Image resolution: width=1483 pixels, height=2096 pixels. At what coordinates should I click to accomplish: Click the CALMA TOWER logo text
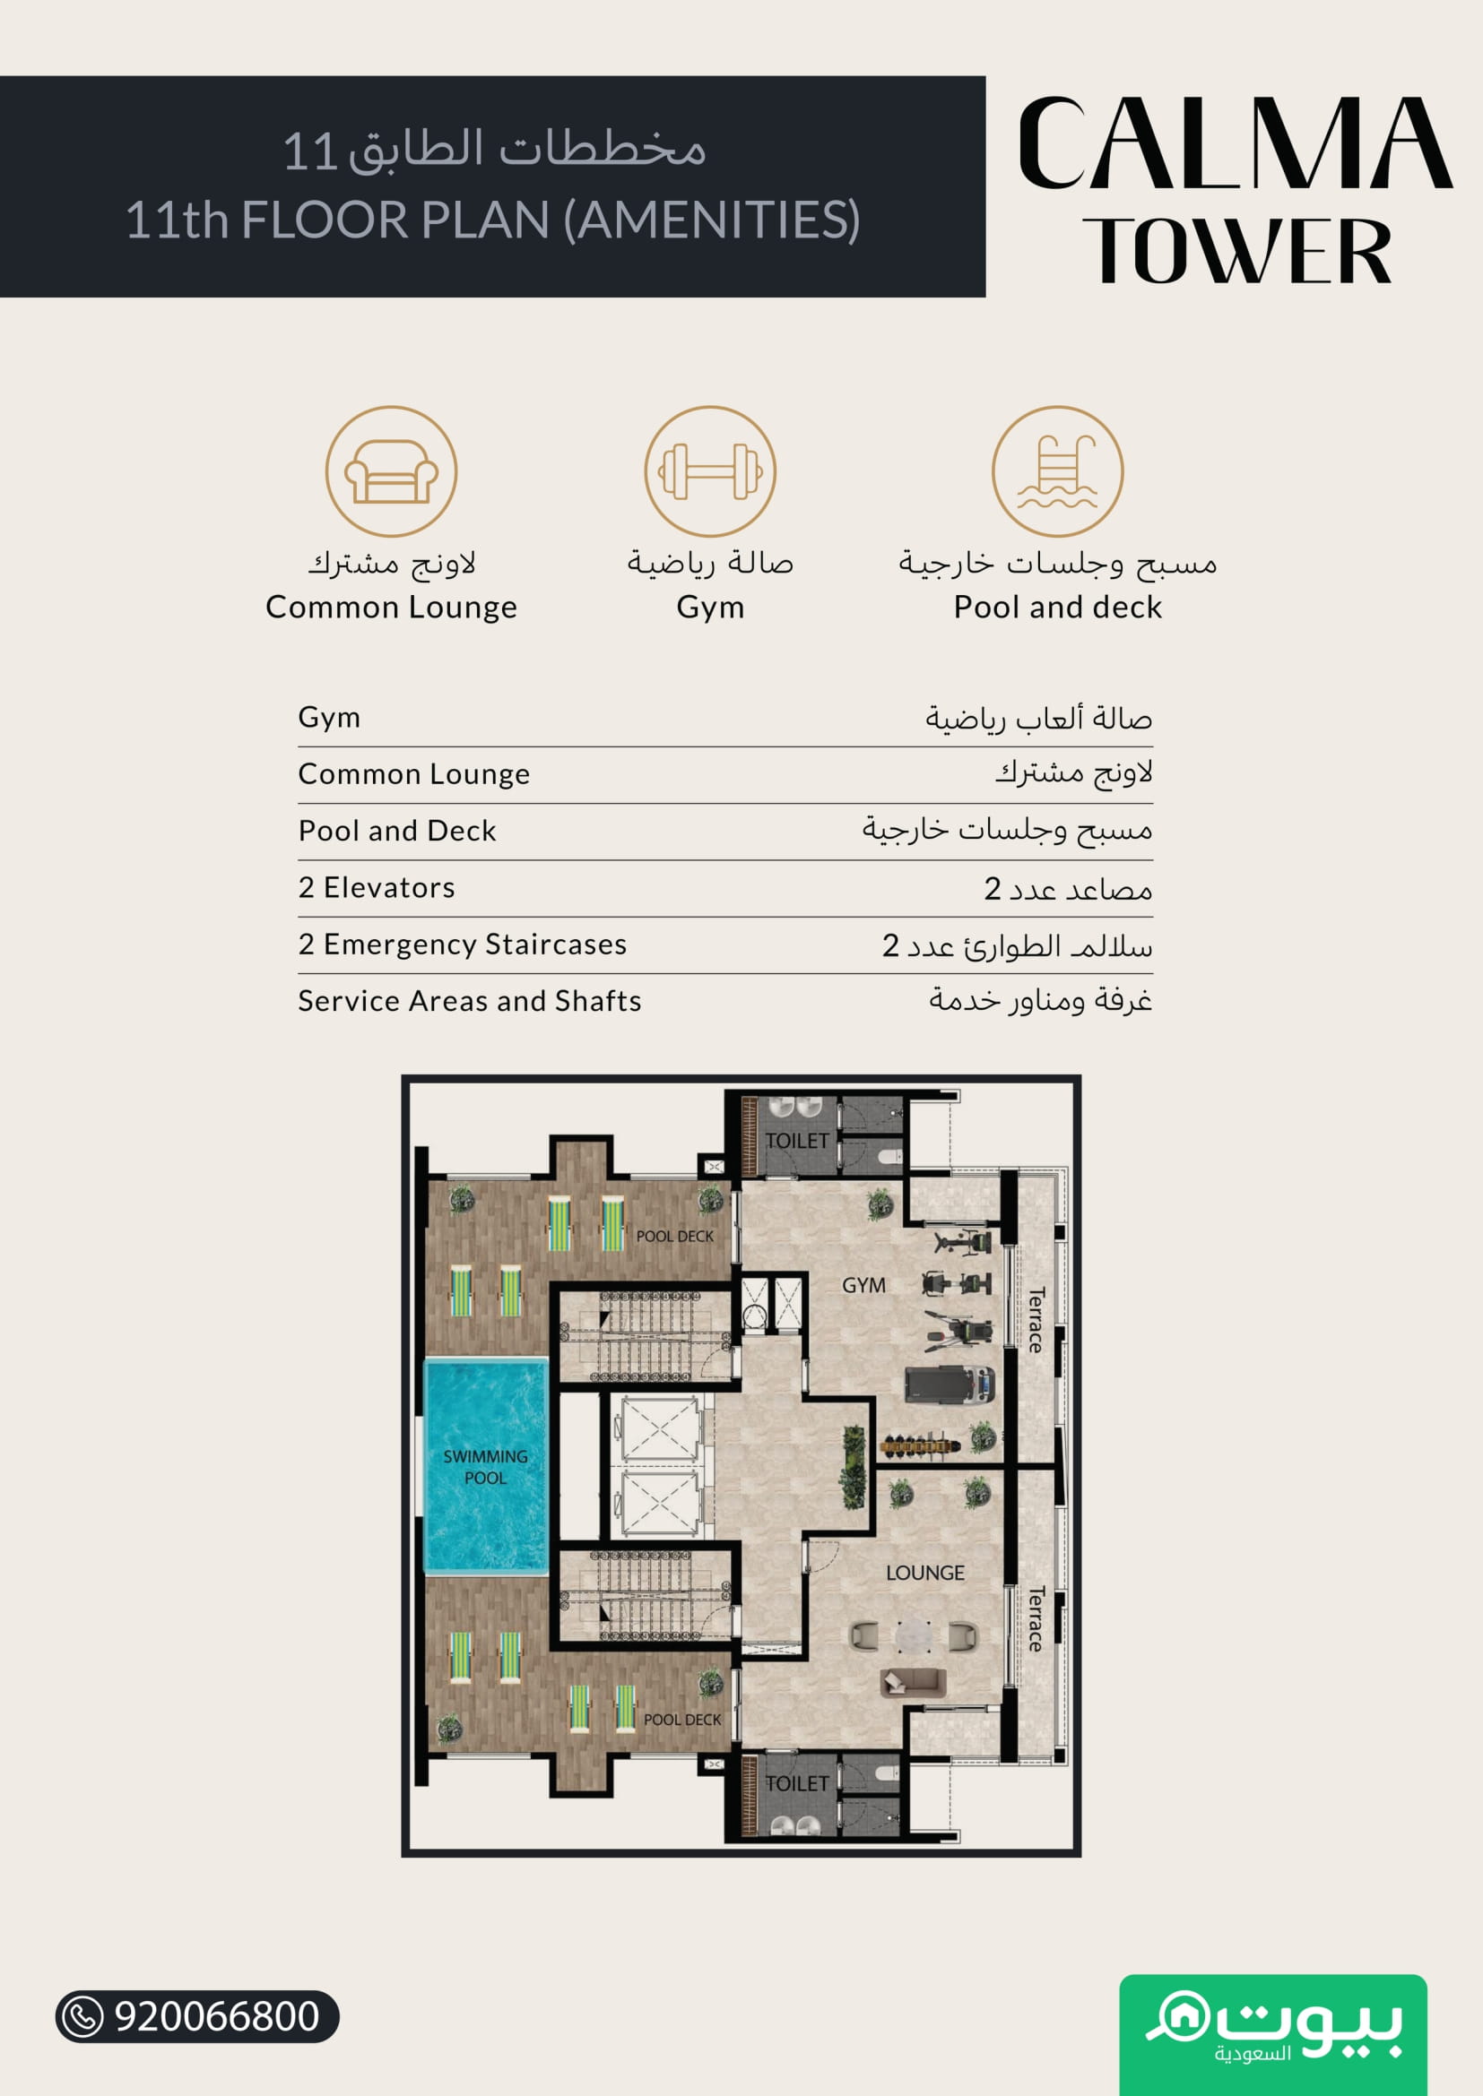pyautogui.click(x=1236, y=191)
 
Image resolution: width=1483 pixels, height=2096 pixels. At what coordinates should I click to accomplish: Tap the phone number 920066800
pyautogui.click(x=216, y=2016)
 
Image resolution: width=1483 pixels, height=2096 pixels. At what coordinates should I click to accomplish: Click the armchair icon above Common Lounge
pyautogui.click(x=391, y=472)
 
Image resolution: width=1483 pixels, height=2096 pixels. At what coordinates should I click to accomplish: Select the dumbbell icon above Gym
pyautogui.click(x=710, y=471)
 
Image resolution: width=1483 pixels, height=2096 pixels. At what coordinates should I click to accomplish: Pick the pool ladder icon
pyautogui.click(x=1057, y=471)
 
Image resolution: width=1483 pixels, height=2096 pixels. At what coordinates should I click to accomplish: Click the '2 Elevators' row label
pyautogui.click(x=377, y=887)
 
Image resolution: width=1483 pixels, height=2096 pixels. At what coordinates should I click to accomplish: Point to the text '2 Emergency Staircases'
pyautogui.click(x=462, y=944)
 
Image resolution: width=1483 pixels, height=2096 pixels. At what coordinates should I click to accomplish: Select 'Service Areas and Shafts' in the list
pyautogui.click(x=469, y=1001)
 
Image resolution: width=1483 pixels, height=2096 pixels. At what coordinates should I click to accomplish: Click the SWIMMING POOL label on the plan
pyautogui.click(x=485, y=1467)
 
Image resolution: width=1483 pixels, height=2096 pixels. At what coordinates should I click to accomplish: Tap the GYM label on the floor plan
pyautogui.click(x=863, y=1285)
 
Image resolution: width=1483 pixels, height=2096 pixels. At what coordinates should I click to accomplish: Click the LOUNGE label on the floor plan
pyautogui.click(x=925, y=1573)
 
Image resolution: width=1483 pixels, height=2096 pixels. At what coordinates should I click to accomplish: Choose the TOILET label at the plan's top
pyautogui.click(x=796, y=1141)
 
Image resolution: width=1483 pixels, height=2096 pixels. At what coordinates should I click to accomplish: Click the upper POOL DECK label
pyautogui.click(x=675, y=1236)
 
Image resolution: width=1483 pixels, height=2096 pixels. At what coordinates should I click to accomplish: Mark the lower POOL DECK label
pyautogui.click(x=682, y=1720)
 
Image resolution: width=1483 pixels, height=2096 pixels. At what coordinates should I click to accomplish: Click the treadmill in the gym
pyautogui.click(x=949, y=1384)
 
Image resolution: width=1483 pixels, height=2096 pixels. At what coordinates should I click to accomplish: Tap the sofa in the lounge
pyautogui.click(x=912, y=1681)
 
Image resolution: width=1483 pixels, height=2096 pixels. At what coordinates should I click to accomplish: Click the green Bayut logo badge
pyautogui.click(x=1273, y=2035)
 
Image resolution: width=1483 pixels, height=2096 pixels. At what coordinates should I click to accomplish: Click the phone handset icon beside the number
pyautogui.click(x=83, y=2016)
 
